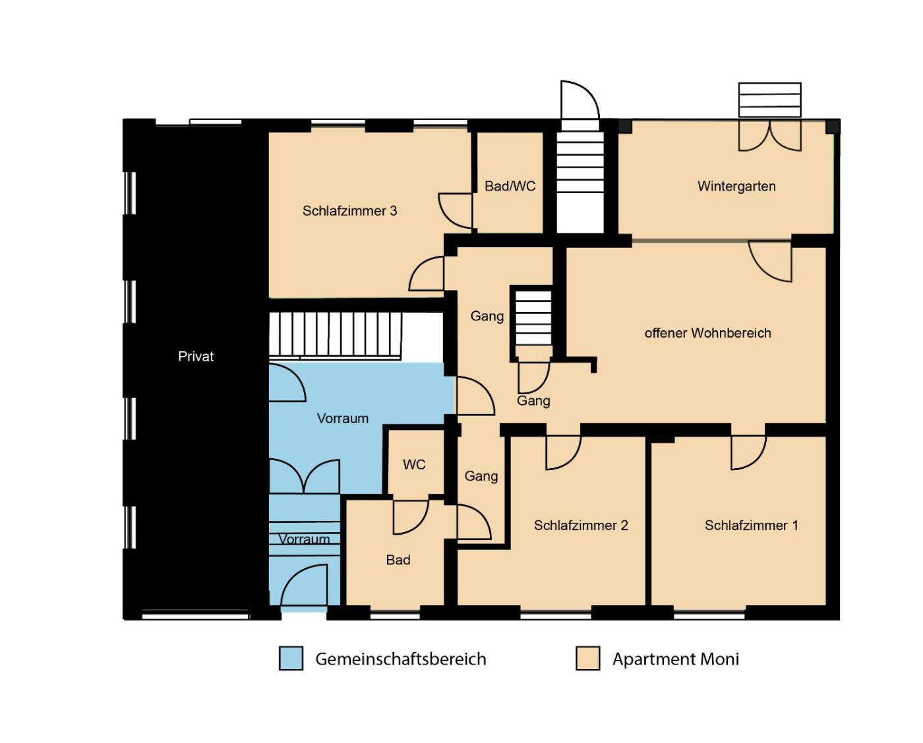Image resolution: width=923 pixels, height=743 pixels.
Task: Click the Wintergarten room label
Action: [x=736, y=187]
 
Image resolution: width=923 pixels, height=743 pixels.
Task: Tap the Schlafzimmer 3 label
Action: [x=349, y=210]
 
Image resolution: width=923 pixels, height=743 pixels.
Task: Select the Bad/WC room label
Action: [x=510, y=186]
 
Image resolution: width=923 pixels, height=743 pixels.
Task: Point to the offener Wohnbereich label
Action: [x=707, y=333]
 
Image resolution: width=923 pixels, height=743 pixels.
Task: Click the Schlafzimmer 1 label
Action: [x=751, y=525]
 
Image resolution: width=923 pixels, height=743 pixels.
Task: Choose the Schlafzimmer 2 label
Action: [x=581, y=525]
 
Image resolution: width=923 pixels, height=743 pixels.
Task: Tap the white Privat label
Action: [x=196, y=357]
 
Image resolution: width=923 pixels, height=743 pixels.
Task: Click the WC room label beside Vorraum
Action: [x=414, y=464]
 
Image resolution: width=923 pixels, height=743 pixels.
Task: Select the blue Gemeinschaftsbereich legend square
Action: [x=291, y=659]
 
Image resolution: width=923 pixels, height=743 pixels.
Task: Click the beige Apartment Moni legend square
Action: [x=587, y=659]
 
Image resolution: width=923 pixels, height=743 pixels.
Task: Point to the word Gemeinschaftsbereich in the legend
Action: [x=401, y=659]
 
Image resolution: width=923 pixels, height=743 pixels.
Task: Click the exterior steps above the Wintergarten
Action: [x=770, y=100]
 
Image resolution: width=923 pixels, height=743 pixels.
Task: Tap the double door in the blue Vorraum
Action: [x=305, y=476]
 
